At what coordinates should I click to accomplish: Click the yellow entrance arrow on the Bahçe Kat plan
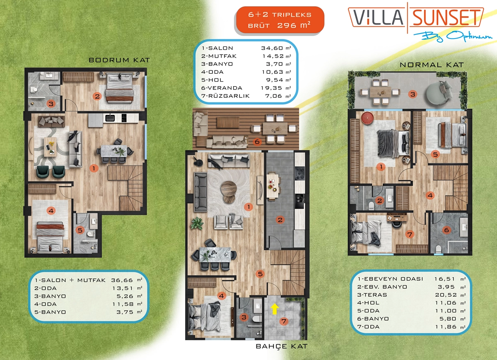pos(275,309)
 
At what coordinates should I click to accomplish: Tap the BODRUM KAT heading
pos(119,60)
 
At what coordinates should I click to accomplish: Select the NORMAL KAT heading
pos(432,65)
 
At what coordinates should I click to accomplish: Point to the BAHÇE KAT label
pos(282,346)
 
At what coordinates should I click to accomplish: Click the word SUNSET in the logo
pos(446,17)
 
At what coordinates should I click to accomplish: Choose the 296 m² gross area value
pos(294,25)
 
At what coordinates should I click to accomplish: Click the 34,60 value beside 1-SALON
pos(272,48)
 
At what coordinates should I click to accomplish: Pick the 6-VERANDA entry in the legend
pos(222,88)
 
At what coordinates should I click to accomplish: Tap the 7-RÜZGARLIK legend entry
pos(225,96)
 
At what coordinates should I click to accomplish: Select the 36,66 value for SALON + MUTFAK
pos(122,280)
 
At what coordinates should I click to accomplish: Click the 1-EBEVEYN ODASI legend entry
pos(390,279)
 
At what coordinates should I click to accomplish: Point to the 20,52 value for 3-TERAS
pos(446,295)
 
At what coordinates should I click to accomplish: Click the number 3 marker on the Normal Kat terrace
pos(413,94)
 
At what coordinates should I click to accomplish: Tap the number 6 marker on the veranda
pos(257,142)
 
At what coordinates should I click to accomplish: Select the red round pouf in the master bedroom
pos(367,117)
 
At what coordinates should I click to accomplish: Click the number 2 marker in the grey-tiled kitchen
pos(280,220)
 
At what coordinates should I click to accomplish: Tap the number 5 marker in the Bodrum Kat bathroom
pos(80,230)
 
